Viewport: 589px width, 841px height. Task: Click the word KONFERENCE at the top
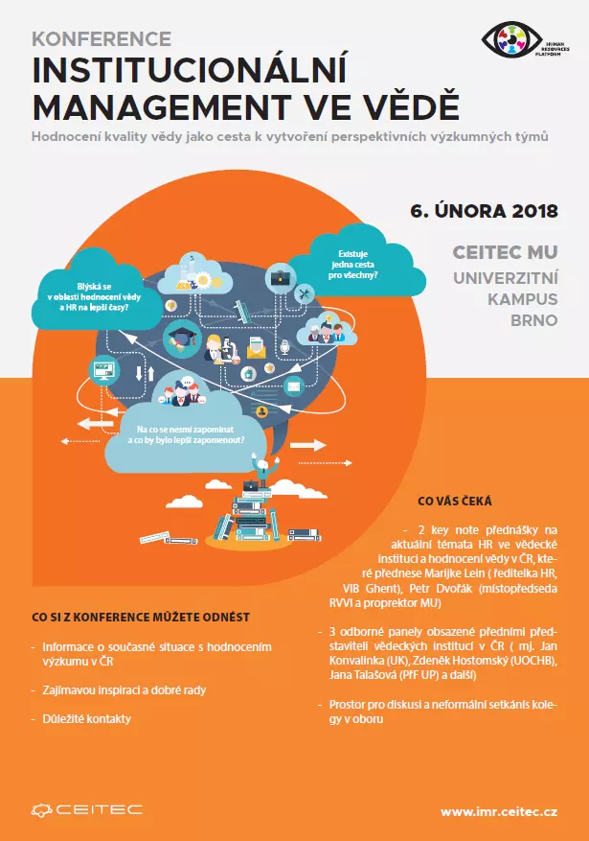point(102,39)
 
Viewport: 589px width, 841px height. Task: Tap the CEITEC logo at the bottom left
point(86,809)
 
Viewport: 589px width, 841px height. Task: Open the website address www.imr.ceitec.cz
point(499,811)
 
